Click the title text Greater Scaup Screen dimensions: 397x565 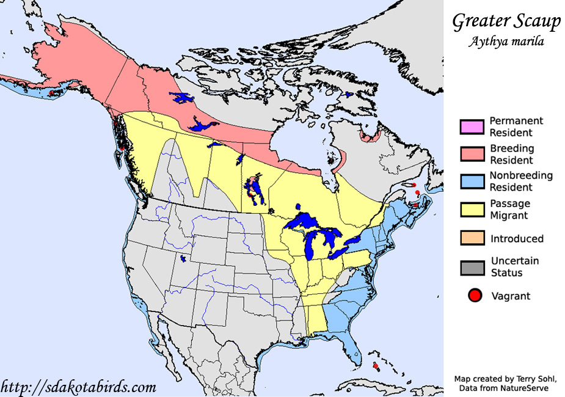click(x=506, y=22)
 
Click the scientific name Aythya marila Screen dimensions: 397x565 click(x=506, y=42)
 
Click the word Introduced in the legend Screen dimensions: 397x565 click(x=516, y=239)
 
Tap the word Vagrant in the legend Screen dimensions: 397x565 click(x=511, y=296)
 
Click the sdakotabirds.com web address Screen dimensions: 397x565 click(x=79, y=387)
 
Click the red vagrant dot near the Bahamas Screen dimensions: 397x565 click(x=376, y=366)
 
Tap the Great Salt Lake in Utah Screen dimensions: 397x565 click(x=183, y=259)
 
